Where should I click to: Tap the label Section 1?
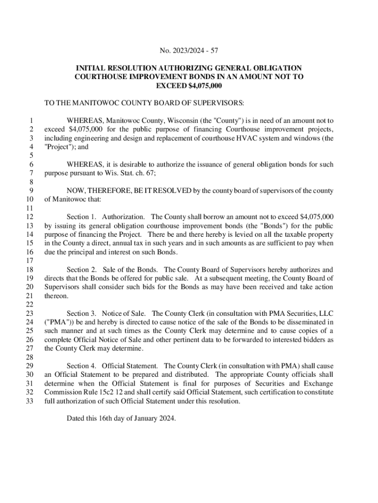click(81, 217)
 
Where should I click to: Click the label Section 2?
click(81, 270)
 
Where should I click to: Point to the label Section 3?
click(81, 313)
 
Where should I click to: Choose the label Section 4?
click(81, 366)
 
